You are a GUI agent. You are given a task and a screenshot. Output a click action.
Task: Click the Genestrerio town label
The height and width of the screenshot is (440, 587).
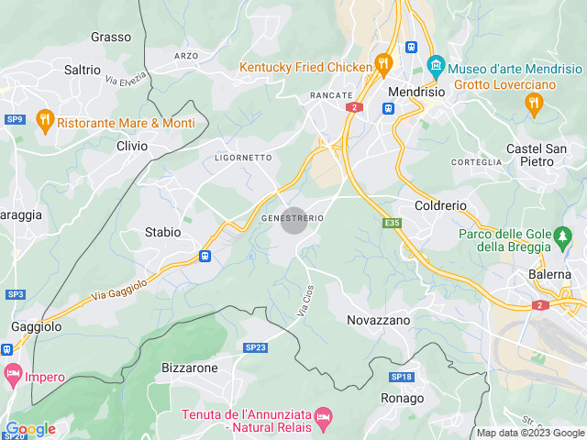[293, 219]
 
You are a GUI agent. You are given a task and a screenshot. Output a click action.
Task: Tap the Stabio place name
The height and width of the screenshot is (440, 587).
[163, 232]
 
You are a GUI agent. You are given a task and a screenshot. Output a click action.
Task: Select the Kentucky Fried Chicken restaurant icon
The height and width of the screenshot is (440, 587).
[383, 66]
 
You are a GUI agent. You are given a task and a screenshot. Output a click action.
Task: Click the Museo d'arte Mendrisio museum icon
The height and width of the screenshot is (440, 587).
[436, 67]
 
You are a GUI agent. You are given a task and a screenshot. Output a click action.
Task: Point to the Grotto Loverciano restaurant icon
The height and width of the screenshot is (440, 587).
[534, 104]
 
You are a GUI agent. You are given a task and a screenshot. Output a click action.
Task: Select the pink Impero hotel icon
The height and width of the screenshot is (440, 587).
[13, 374]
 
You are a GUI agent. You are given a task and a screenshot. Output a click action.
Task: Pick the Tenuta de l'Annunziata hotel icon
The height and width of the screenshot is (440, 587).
[322, 418]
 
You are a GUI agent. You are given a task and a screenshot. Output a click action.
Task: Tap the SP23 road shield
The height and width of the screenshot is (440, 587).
[255, 347]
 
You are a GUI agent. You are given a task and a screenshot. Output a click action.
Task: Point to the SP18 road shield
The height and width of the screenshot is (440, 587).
[402, 377]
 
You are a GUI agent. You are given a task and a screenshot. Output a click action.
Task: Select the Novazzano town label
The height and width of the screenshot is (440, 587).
[379, 320]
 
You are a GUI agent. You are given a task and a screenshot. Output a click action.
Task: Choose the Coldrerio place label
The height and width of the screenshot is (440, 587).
[441, 206]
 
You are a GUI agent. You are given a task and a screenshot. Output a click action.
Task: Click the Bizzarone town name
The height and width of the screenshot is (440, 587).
[190, 368]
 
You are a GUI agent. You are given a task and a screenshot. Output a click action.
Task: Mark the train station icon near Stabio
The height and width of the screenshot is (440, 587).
[204, 257]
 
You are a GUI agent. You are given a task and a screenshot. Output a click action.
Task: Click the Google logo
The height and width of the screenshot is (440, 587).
[30, 428]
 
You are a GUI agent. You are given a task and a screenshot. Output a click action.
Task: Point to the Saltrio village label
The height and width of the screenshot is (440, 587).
[83, 70]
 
